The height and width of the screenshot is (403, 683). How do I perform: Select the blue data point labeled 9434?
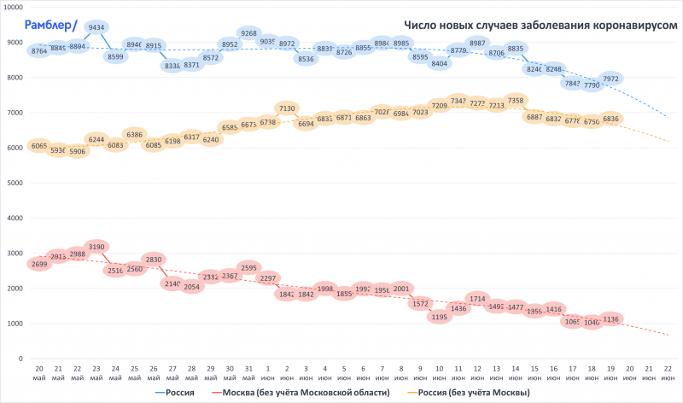(96, 27)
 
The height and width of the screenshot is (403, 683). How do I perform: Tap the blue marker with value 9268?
(248, 33)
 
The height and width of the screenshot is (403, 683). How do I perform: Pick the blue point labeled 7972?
(610, 79)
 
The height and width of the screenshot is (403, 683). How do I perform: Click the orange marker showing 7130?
(288, 108)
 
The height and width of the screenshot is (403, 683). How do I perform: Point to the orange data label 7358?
(516, 101)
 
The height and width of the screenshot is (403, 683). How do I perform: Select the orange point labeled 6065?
(39, 146)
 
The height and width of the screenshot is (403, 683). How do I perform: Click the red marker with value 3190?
(96, 247)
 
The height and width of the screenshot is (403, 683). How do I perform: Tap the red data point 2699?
(39, 264)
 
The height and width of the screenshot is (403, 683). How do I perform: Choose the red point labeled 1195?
(439, 317)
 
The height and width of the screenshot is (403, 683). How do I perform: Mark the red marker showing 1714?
(477, 299)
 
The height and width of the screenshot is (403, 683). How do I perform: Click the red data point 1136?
(610, 319)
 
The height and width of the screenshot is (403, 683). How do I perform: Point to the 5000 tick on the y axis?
(15, 183)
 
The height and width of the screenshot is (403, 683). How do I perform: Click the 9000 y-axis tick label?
(15, 42)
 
